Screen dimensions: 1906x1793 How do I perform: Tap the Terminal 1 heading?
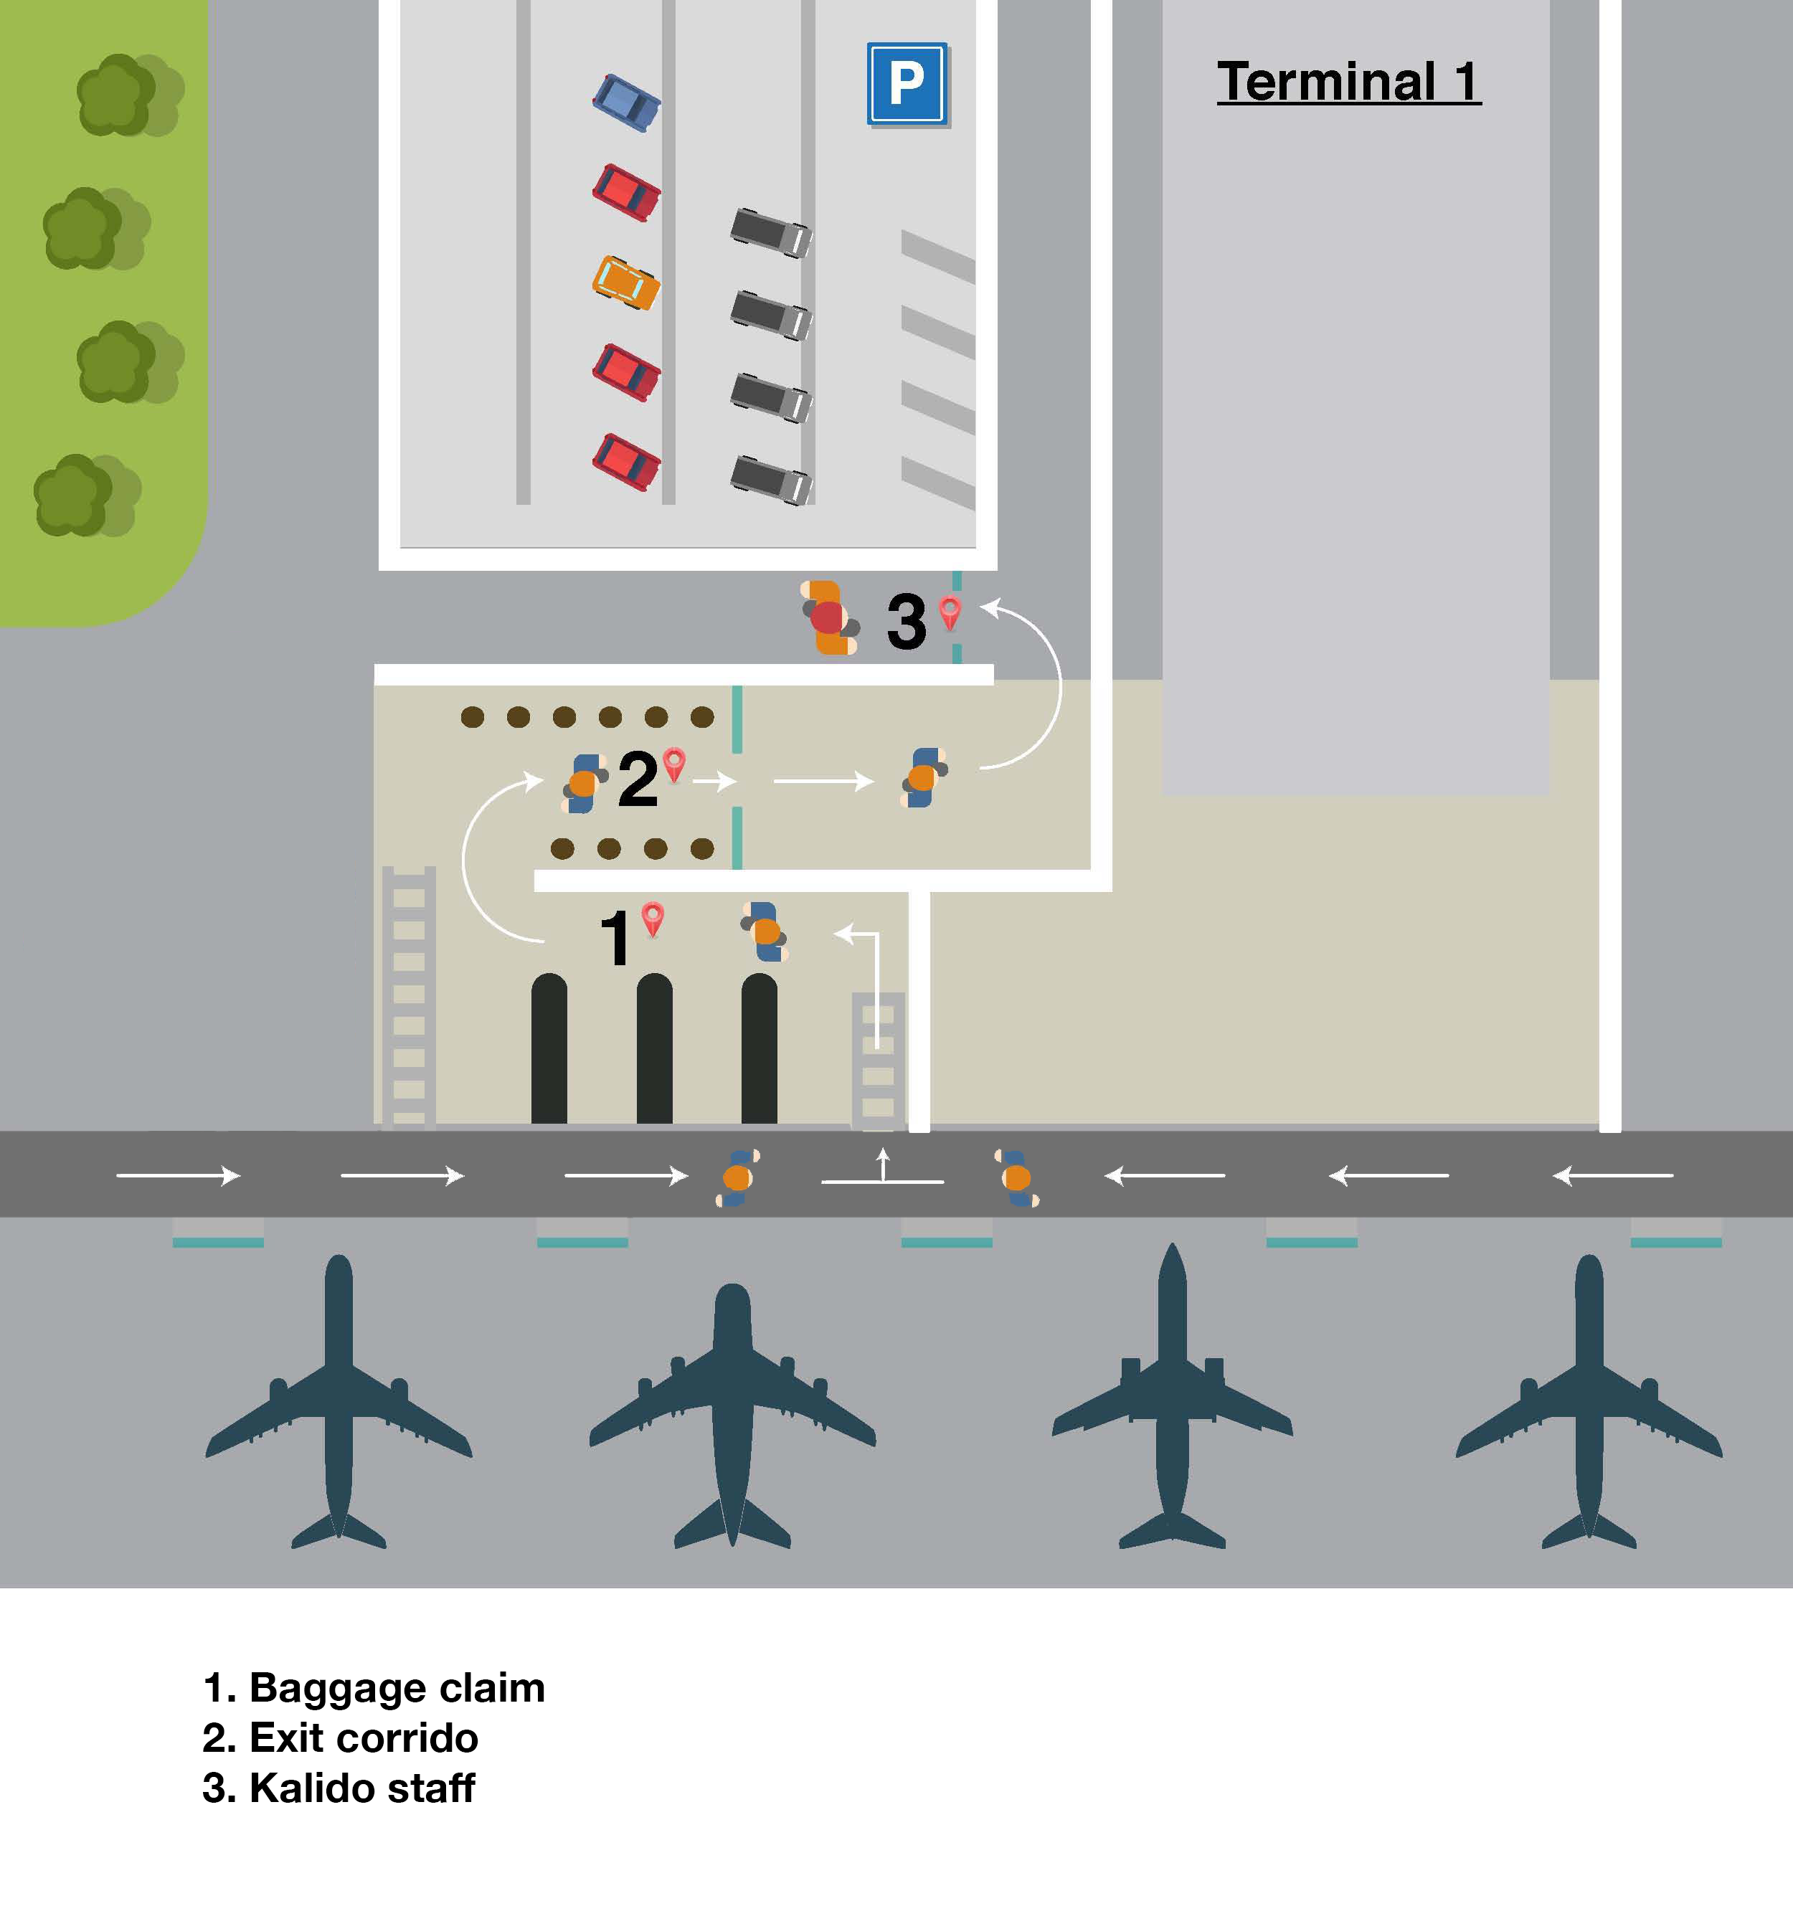click(1348, 82)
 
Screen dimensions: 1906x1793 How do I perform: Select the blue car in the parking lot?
click(626, 103)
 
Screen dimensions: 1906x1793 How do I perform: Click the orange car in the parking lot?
click(626, 282)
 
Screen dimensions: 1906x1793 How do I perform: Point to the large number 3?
click(906, 621)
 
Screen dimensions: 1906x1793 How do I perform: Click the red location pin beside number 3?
click(950, 612)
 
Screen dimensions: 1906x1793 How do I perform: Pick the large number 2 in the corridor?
click(638, 779)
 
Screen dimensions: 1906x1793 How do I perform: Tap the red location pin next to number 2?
click(674, 764)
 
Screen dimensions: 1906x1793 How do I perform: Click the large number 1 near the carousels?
click(615, 938)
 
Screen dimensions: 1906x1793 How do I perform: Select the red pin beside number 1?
click(653, 918)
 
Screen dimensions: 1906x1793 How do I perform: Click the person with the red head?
click(828, 617)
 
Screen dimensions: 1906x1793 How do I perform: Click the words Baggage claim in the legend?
click(396, 1688)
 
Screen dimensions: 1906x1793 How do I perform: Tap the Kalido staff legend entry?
click(361, 1788)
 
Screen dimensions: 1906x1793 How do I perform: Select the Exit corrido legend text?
click(364, 1738)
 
